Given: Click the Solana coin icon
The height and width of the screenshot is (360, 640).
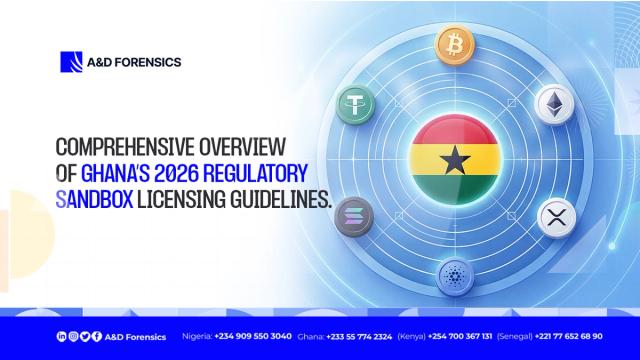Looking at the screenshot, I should coord(356,214).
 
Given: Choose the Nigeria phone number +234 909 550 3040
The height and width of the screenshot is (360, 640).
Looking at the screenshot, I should coord(253,336).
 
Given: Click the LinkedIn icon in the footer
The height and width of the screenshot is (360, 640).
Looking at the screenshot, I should coord(62,336).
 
